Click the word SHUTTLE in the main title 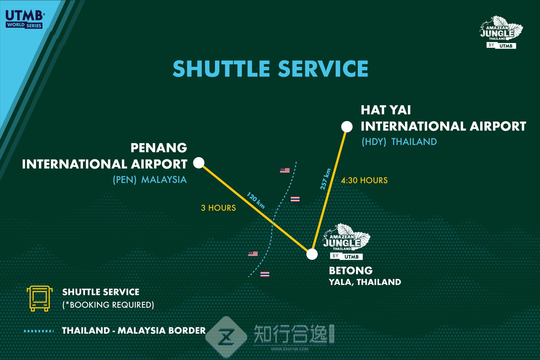[x=221, y=69]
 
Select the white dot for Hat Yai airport [x=347, y=127]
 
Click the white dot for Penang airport [x=199, y=163]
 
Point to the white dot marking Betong [x=312, y=254]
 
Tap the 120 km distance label [x=255, y=200]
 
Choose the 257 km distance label [x=325, y=179]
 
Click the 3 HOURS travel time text [x=218, y=208]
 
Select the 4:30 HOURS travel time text [x=364, y=181]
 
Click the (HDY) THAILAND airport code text [x=399, y=142]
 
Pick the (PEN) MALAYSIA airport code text [x=150, y=180]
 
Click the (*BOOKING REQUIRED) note [x=108, y=305]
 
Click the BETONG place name [x=351, y=271]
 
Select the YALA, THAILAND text [x=365, y=282]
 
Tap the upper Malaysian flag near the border [x=285, y=170]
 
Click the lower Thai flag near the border [x=265, y=274]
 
